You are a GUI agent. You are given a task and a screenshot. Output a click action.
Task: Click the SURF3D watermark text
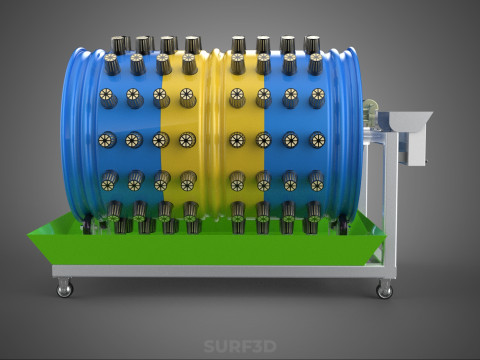[x=240, y=346]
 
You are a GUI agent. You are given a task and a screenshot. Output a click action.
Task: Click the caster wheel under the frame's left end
[x=64, y=287]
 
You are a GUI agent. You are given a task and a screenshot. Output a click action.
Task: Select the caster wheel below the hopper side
[x=385, y=289]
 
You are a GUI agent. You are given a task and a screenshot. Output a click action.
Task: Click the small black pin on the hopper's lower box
[x=426, y=163]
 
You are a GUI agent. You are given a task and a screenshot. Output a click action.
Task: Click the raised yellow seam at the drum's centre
[x=215, y=133]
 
